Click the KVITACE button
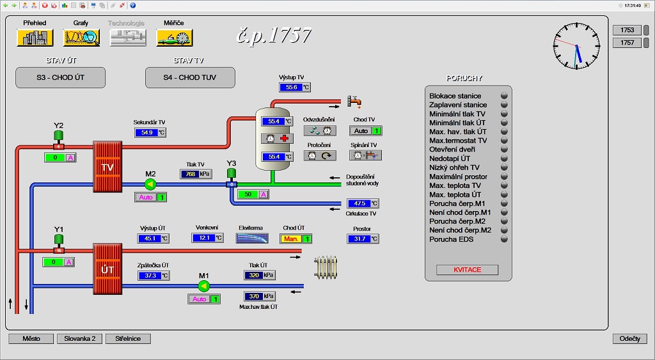(x=467, y=270)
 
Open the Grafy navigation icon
(x=81, y=38)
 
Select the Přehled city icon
(x=35, y=38)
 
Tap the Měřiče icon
(x=174, y=38)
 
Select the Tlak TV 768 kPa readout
(x=196, y=174)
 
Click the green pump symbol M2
(x=150, y=184)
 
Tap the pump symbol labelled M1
(x=203, y=286)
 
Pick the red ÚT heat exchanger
(x=107, y=269)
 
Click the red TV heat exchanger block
(x=107, y=167)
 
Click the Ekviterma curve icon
(x=252, y=238)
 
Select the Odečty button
(x=630, y=339)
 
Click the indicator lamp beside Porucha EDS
(x=504, y=239)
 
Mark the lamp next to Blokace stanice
(x=504, y=96)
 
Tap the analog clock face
(x=576, y=46)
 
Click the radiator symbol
(x=326, y=268)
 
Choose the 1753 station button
(x=627, y=30)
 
